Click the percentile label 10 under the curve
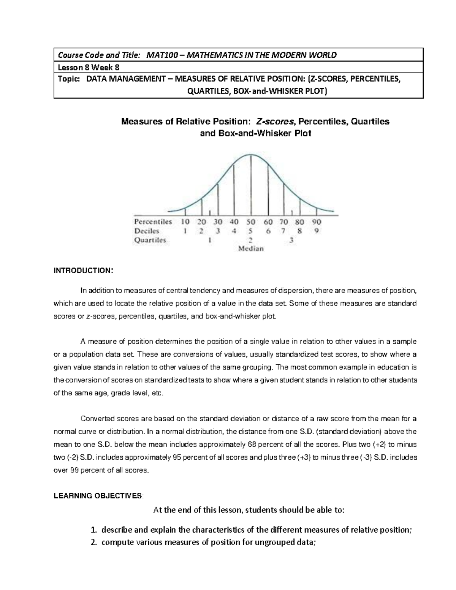(185, 222)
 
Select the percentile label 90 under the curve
(316, 222)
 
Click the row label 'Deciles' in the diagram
(147, 231)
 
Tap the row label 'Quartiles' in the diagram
(150, 240)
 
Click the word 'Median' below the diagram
(251, 249)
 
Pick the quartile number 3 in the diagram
(291, 240)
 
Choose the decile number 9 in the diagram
(317, 231)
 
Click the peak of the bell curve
(250, 154)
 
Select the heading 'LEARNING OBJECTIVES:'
(98, 495)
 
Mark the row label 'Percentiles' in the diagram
(153, 222)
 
